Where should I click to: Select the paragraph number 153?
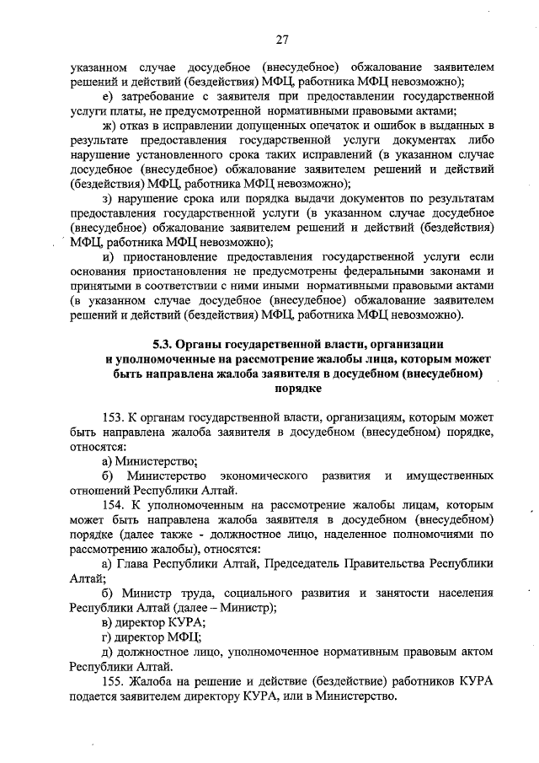coord(113,416)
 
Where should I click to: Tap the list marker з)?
coord(107,199)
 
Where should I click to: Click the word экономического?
coord(262,476)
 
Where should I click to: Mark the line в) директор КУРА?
coord(147,622)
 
